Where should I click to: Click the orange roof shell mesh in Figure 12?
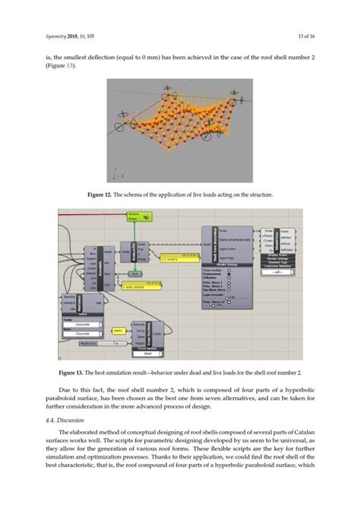point(182,121)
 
